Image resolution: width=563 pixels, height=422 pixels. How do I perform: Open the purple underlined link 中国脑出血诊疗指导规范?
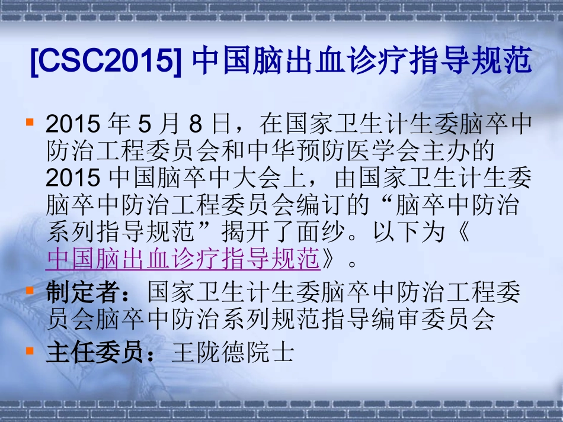pos(183,258)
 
